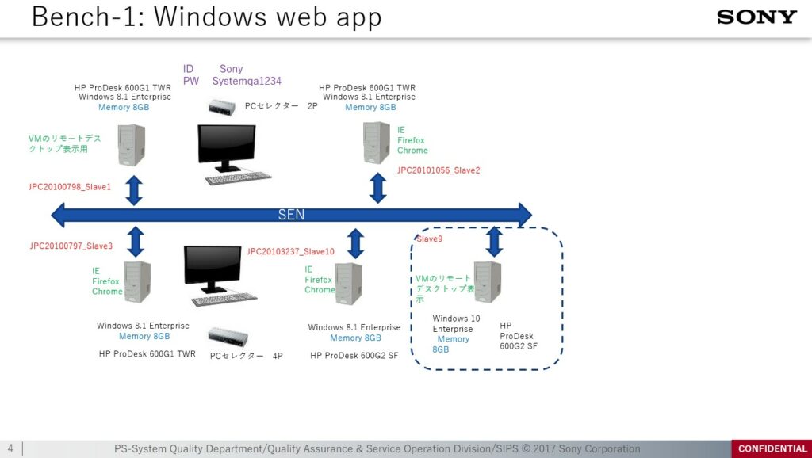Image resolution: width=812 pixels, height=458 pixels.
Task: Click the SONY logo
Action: (x=756, y=17)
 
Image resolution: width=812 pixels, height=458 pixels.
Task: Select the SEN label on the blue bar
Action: (x=291, y=215)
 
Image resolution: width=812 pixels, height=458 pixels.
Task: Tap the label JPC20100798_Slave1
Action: (x=70, y=187)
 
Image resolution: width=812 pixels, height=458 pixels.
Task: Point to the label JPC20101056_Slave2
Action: (x=439, y=170)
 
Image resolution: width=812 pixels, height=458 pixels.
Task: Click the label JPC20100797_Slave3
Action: (x=71, y=246)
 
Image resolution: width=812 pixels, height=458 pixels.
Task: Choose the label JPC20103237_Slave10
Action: (x=291, y=251)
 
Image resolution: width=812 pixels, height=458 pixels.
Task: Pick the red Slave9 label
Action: (x=430, y=239)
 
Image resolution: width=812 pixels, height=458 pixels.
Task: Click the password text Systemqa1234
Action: (x=247, y=81)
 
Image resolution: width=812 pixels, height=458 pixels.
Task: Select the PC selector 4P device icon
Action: (x=224, y=336)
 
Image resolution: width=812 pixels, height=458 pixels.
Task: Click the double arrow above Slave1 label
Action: (x=135, y=190)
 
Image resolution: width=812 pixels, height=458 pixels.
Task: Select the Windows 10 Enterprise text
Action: (x=455, y=323)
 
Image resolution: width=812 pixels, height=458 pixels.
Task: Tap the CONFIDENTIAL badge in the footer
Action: (x=772, y=449)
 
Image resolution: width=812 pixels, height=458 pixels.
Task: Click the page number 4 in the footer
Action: (x=10, y=448)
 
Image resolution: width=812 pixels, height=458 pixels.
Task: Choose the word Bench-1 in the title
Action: (x=82, y=17)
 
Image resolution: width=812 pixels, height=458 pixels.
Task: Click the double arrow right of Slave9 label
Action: (x=495, y=240)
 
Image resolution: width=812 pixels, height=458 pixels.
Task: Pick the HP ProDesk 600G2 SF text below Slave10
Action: (x=354, y=356)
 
